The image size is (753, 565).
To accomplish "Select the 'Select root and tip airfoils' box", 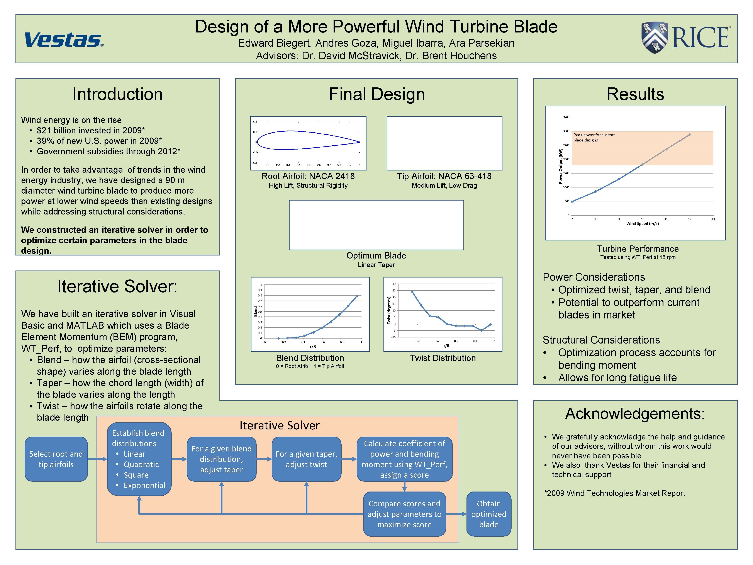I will pyautogui.click(x=56, y=459).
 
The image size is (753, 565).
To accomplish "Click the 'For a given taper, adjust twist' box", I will pyautogui.click(x=306, y=459).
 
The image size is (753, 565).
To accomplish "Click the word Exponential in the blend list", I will pyautogui.click(x=144, y=485).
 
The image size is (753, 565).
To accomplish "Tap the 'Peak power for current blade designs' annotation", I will pyautogui.click(x=594, y=137).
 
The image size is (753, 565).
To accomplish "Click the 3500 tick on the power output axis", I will pyautogui.click(x=566, y=117).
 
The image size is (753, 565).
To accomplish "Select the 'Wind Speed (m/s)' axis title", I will pyautogui.click(x=642, y=223).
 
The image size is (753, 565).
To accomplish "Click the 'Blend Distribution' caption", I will pyautogui.click(x=310, y=358).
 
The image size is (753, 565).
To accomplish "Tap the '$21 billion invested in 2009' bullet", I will pyautogui.click(x=91, y=130).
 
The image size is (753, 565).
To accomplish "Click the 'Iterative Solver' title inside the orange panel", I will pyautogui.click(x=280, y=425).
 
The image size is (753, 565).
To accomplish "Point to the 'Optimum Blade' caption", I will pyautogui.click(x=376, y=255).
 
